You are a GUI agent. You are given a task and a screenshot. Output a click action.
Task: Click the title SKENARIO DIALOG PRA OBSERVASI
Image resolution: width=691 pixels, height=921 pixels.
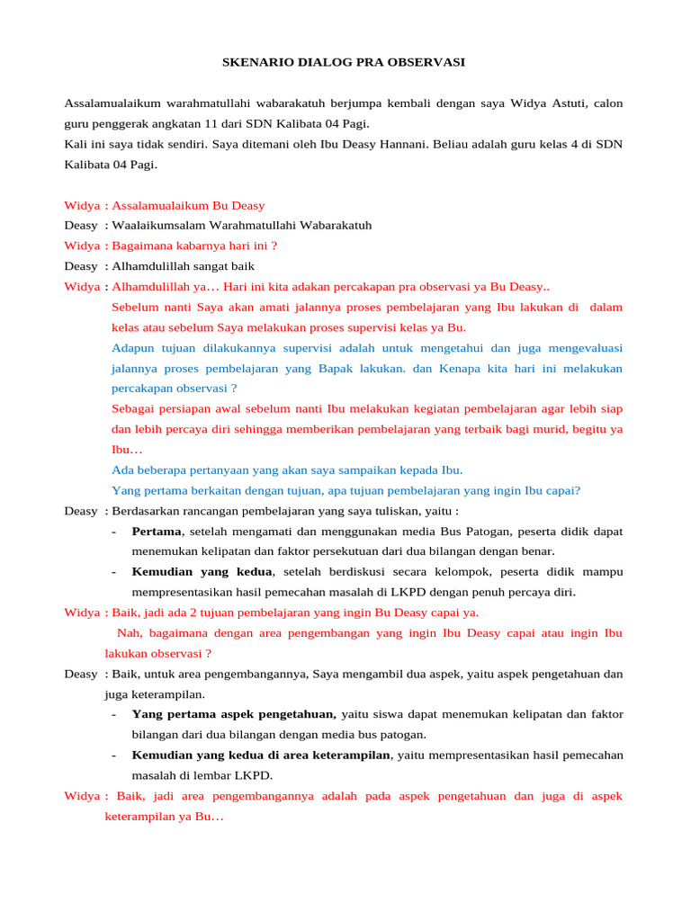pyautogui.click(x=344, y=63)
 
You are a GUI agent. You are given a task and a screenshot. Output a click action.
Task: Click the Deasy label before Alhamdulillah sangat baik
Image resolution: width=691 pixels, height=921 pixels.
pyautogui.click(x=80, y=266)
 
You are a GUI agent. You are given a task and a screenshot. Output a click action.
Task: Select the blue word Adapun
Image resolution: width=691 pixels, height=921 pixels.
pyautogui.click(x=131, y=348)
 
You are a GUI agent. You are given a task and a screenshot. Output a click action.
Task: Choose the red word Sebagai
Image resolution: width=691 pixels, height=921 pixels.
pyautogui.click(x=133, y=409)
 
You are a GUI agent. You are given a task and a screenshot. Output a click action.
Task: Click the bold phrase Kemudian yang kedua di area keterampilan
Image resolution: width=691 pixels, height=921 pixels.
pyautogui.click(x=261, y=755)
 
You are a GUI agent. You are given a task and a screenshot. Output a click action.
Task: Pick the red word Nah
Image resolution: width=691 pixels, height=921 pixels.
pyautogui.click(x=128, y=633)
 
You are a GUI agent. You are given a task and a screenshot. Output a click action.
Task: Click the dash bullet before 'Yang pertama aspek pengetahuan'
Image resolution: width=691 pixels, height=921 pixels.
pyautogui.click(x=114, y=714)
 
